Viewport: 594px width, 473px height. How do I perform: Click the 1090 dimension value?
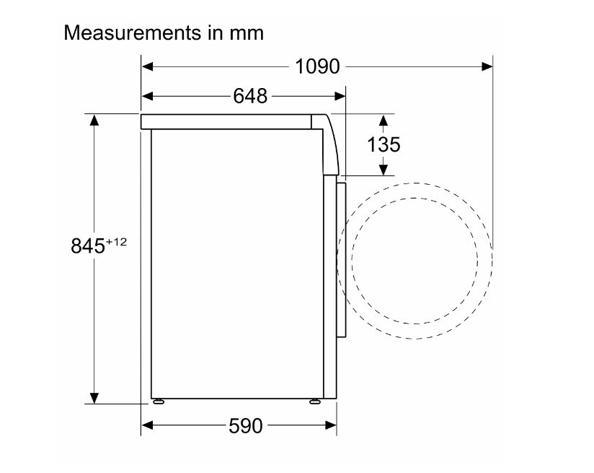point(317,66)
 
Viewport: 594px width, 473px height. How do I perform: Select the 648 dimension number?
point(250,96)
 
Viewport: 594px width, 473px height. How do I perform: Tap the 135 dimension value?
point(384,144)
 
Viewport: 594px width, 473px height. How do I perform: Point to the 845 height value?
point(87,246)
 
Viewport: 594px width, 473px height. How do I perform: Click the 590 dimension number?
point(246,425)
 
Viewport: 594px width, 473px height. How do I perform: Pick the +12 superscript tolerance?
point(116,242)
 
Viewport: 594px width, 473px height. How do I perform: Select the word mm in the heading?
point(247,34)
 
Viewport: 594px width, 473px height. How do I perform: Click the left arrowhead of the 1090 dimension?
point(147,67)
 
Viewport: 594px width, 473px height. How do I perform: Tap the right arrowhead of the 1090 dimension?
point(487,67)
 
